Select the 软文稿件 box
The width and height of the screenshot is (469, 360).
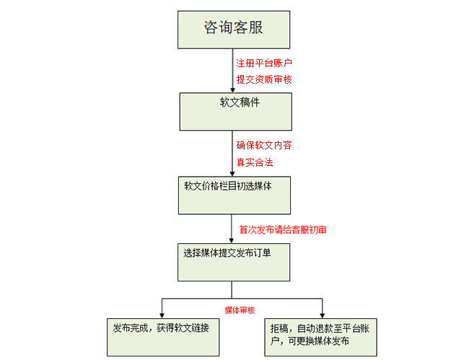pyautogui.click(x=235, y=112)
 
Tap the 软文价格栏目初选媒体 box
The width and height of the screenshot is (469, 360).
pyautogui.click(x=234, y=195)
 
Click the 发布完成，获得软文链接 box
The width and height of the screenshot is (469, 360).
pyautogui.click(x=162, y=336)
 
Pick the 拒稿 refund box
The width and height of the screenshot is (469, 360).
pyautogui.click(x=320, y=336)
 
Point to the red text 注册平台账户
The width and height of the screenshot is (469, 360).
pyautogui.click(x=264, y=63)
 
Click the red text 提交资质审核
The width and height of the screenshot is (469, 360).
pyautogui.click(x=264, y=79)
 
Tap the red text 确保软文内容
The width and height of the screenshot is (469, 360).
pyautogui.click(x=264, y=145)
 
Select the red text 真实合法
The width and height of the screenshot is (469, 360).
pyautogui.click(x=255, y=162)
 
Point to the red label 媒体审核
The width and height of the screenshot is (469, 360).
pyautogui.click(x=240, y=310)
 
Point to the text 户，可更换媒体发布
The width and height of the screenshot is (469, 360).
pyautogui.click(x=310, y=341)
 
